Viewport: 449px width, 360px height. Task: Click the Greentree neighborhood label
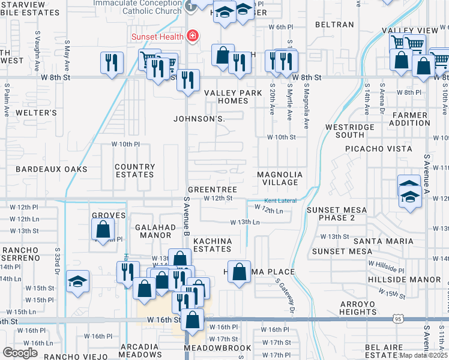coord(212,190)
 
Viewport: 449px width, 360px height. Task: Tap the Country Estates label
coord(134,171)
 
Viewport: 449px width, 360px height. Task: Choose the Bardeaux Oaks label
coord(52,169)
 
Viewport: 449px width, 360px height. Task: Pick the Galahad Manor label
coord(154,231)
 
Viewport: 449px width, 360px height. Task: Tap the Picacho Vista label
coord(379,148)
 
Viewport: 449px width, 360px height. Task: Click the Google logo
coord(20,353)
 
